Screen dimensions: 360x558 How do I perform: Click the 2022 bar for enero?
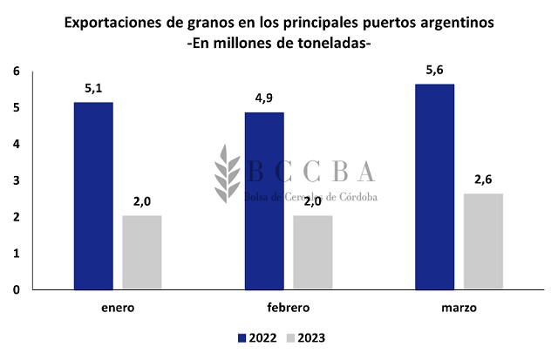93,196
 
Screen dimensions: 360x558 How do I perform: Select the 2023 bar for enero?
141,252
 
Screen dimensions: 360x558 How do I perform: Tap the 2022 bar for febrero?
263,200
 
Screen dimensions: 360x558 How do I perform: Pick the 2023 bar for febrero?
312,252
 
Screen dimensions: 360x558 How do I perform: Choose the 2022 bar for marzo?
434,187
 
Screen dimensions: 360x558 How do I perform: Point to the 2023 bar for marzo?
483,241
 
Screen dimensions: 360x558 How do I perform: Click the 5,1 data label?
93,88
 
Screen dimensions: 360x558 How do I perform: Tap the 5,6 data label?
434,70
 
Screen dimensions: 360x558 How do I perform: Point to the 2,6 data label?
483,180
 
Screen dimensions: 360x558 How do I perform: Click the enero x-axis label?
118,308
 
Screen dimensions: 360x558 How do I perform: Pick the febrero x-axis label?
288,308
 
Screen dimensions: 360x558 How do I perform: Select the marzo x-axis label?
459,308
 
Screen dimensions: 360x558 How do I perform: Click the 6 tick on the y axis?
17,71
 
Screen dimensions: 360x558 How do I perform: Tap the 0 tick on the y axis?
17,289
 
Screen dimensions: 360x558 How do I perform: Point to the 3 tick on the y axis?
17,180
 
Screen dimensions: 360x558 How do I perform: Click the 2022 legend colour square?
242,337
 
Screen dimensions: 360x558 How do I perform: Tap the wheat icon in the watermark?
228,170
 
